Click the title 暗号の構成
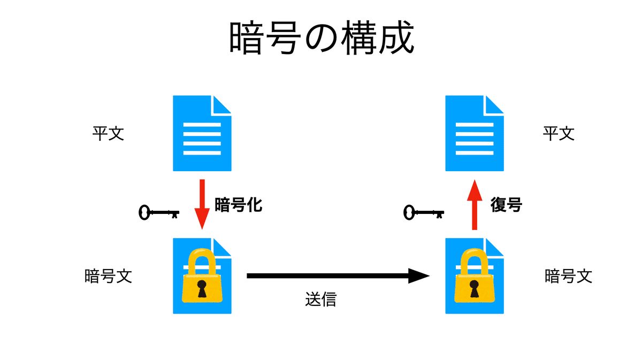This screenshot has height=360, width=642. click(322, 39)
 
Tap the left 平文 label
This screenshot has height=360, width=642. click(108, 133)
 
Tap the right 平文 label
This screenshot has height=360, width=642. click(559, 133)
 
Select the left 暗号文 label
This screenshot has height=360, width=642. click(108, 276)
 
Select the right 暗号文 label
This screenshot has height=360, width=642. click(568, 276)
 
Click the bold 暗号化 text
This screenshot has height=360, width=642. click(238, 205)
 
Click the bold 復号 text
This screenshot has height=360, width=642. click(506, 205)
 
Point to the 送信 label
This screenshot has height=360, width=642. click(320, 300)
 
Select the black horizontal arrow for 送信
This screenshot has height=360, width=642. click(337, 276)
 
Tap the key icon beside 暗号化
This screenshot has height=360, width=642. click(158, 213)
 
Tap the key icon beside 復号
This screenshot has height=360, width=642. click(423, 213)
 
